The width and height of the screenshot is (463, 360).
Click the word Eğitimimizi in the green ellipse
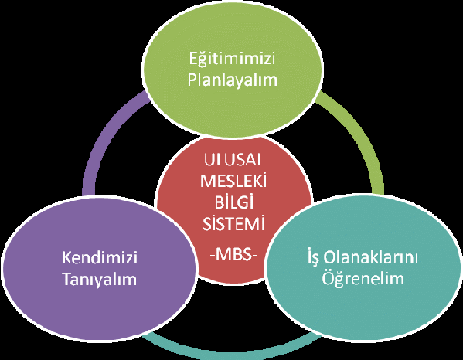(x=232, y=59)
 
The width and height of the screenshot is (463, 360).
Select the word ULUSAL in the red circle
(x=234, y=160)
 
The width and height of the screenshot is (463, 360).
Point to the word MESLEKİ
(x=233, y=180)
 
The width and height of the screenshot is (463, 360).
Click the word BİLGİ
(x=234, y=202)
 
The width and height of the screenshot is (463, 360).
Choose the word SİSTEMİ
(x=233, y=223)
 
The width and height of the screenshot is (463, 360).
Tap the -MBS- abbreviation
(x=234, y=254)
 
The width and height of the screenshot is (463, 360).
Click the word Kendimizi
(x=100, y=257)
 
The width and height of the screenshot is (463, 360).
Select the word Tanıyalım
(x=100, y=279)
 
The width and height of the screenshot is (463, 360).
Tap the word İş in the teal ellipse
(x=313, y=257)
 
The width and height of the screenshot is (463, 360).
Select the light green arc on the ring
(x=363, y=133)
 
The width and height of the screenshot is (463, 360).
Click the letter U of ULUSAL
(x=209, y=160)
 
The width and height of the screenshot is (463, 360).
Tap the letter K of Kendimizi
(x=67, y=257)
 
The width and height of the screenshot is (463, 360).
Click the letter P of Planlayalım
(x=192, y=80)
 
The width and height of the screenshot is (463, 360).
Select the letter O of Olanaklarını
(x=330, y=257)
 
